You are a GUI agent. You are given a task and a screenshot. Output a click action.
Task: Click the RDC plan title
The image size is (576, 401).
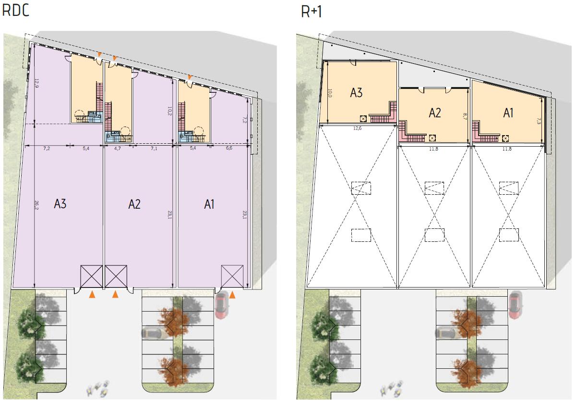(x=16, y=11)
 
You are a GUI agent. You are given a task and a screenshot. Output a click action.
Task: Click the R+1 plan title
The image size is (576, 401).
(x=312, y=12)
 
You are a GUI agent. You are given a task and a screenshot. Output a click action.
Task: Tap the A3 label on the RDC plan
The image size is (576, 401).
(x=60, y=204)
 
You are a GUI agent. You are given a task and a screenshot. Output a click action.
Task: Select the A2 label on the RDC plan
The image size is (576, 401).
(x=134, y=204)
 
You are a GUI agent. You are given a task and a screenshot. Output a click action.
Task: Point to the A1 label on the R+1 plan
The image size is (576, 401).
(x=508, y=113)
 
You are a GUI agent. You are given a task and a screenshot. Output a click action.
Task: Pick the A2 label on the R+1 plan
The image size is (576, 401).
(x=435, y=113)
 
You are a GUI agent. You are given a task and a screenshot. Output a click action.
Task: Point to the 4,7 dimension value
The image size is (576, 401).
(x=118, y=149)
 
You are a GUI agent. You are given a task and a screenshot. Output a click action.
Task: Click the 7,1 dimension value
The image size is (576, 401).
(x=154, y=149)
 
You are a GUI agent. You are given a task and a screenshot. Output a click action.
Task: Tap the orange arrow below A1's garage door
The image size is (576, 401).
(x=232, y=294)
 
